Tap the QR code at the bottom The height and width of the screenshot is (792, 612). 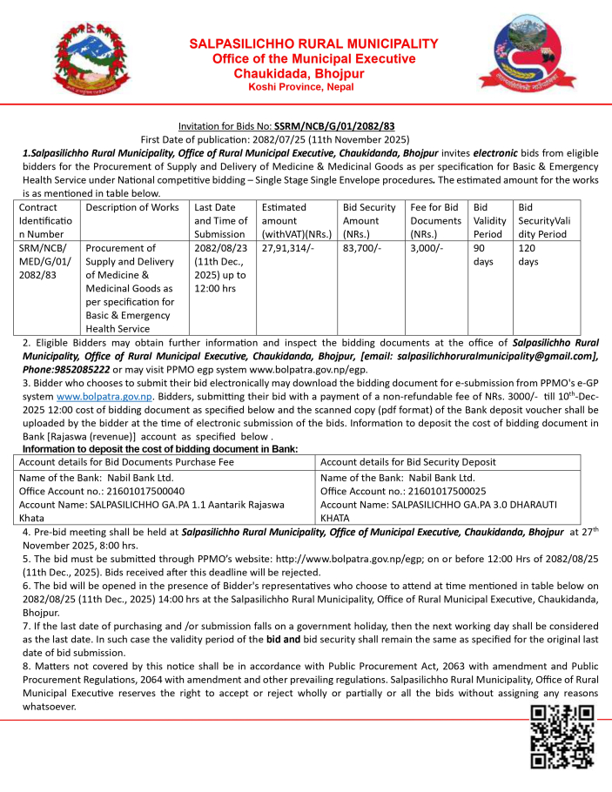tap(562, 736)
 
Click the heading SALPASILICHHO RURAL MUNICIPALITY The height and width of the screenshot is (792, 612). tap(313, 44)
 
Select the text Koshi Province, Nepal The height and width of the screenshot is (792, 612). tap(300, 88)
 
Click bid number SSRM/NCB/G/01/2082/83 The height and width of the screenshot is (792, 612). tap(334, 126)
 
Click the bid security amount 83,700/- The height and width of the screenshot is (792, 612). tap(361, 248)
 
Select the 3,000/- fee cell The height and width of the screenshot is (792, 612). tap(426, 248)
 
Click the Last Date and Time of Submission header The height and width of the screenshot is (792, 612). tap(220, 220)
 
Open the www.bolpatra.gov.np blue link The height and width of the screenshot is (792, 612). tap(104, 396)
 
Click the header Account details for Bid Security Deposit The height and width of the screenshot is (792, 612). tap(408, 461)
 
